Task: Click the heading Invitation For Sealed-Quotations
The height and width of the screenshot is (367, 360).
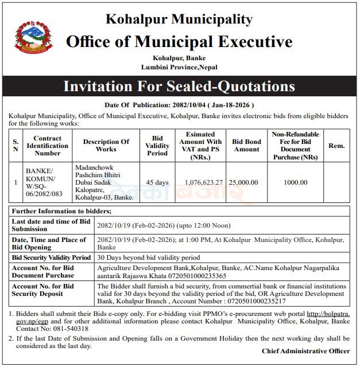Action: click(179, 87)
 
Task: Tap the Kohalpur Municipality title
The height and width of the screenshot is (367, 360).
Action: click(179, 19)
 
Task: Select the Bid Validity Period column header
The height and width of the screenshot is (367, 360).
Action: click(157, 146)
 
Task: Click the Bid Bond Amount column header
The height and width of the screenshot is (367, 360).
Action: click(246, 146)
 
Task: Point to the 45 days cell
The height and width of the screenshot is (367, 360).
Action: click(157, 182)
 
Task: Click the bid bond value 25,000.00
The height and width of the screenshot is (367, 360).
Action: click(243, 182)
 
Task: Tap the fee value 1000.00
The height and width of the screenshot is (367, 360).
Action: click(296, 182)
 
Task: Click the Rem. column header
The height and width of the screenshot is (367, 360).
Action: click(336, 146)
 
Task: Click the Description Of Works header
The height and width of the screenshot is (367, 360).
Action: click(106, 146)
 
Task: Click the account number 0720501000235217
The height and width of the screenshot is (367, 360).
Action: click(256, 300)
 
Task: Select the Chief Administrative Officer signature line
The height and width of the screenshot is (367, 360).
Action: click(306, 351)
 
